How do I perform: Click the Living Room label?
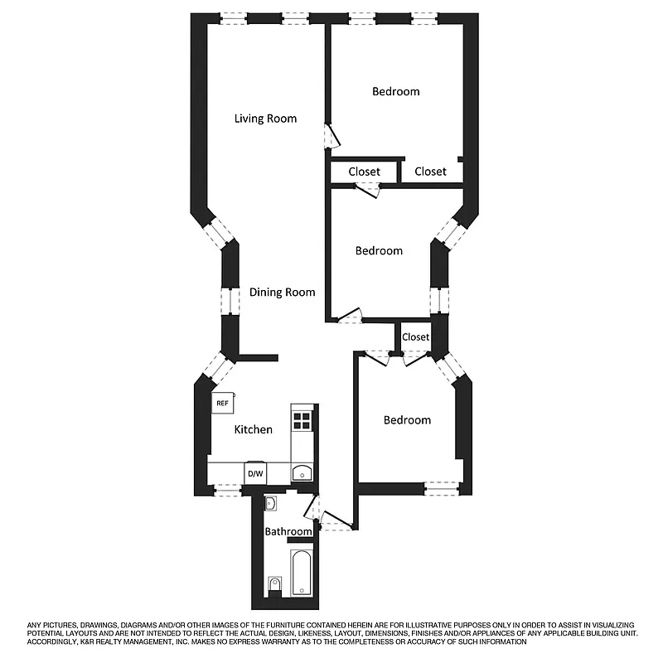pyautogui.click(x=265, y=119)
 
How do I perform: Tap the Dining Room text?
pyautogui.click(x=283, y=292)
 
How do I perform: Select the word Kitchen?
pyautogui.click(x=253, y=429)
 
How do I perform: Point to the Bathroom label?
pyautogui.click(x=288, y=531)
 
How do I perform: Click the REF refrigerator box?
pyautogui.click(x=222, y=404)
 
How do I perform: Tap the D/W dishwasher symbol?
pyautogui.click(x=255, y=473)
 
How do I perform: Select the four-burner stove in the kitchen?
pyautogui.click(x=302, y=420)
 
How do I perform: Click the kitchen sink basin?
pyautogui.click(x=302, y=473)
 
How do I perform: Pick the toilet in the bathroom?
pyautogui.click(x=275, y=587)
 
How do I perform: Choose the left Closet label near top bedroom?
pyautogui.click(x=364, y=172)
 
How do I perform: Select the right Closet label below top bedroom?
pyautogui.click(x=430, y=172)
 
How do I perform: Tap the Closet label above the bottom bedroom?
pyautogui.click(x=415, y=337)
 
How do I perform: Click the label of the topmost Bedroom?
pyautogui.click(x=395, y=91)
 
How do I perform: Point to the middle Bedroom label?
pyautogui.click(x=379, y=250)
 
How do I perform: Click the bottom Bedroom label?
pyautogui.click(x=407, y=420)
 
